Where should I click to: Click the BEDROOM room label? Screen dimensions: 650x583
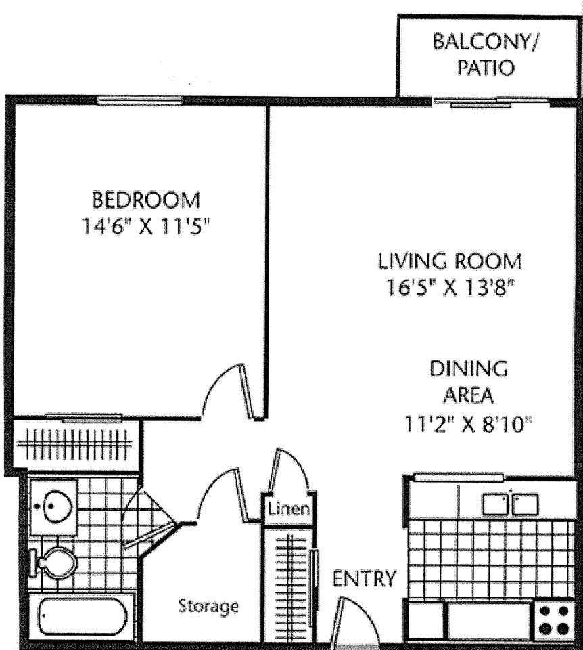(146, 200)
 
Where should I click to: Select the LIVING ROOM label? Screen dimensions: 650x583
(449, 261)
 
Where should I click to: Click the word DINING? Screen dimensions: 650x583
(468, 370)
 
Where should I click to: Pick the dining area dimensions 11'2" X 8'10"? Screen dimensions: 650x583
(468, 425)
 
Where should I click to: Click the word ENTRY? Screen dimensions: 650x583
(364, 579)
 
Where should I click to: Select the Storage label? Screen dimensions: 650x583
(208, 605)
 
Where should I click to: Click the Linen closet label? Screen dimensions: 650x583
(289, 508)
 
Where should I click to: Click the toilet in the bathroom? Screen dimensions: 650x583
(54, 562)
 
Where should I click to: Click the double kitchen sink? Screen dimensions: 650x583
(510, 504)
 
